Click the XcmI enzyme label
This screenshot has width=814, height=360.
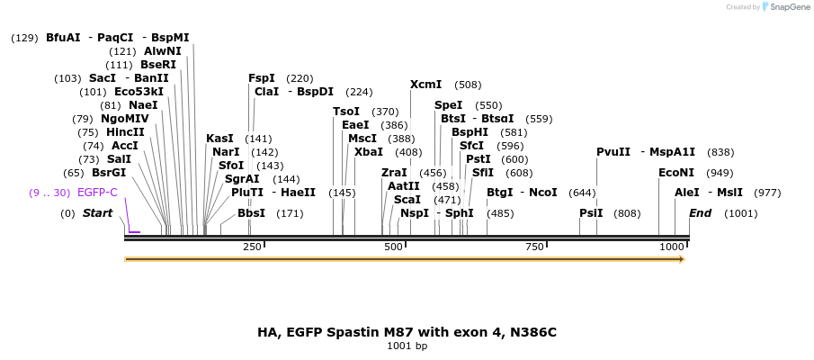click(425, 85)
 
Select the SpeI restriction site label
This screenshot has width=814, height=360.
click(448, 105)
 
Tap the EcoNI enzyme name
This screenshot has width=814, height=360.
click(676, 172)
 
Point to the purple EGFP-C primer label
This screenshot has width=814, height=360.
click(97, 193)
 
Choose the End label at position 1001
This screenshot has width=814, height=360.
click(701, 213)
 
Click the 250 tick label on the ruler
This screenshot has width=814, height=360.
click(252, 247)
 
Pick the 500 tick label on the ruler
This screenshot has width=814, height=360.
click(393, 247)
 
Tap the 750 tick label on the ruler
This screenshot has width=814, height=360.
click(534, 247)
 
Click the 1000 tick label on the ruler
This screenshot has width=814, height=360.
click(672, 247)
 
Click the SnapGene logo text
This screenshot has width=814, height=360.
click(790, 7)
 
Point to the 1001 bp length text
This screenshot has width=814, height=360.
click(407, 346)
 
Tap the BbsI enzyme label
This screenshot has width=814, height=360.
click(251, 213)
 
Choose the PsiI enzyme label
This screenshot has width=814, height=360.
click(591, 213)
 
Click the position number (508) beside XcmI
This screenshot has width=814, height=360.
click(468, 85)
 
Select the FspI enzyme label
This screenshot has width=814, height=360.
click(262, 78)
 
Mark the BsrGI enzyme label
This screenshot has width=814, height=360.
click(109, 173)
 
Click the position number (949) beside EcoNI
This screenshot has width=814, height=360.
click(720, 172)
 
